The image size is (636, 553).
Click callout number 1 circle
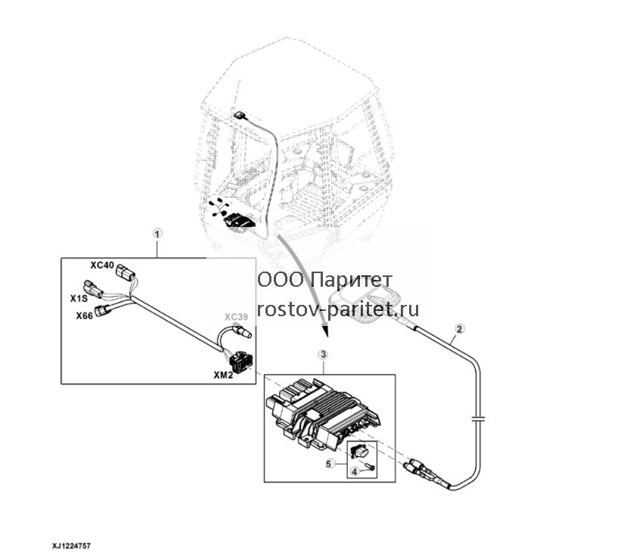(x=157, y=233)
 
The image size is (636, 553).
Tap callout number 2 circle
(x=459, y=328)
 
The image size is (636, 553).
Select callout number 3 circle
(x=323, y=355)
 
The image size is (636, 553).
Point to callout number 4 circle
(x=355, y=471)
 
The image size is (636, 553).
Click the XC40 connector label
(x=102, y=265)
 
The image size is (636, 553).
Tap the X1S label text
(x=79, y=299)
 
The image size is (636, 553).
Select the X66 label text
(x=85, y=315)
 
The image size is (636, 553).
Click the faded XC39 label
(x=237, y=317)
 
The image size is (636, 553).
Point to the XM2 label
(x=224, y=375)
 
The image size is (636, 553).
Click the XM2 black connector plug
(x=240, y=360)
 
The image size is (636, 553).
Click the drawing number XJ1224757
(x=71, y=546)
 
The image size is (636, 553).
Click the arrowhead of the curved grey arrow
(x=324, y=330)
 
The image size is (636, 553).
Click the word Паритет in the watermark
(x=353, y=280)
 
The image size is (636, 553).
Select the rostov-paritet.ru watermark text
(x=338, y=309)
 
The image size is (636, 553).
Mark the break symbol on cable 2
(x=479, y=417)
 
